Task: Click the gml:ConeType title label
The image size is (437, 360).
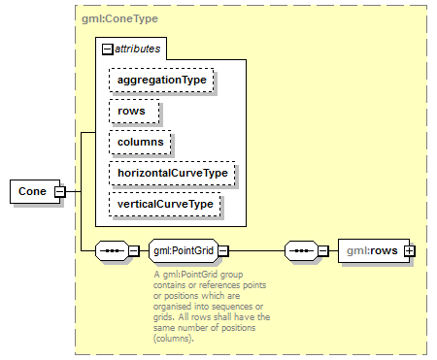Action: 120,17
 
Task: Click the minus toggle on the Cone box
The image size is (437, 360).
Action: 59,191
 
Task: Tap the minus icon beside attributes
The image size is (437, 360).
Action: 107,47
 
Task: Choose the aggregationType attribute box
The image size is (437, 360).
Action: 161,80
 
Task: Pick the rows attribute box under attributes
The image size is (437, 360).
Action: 132,111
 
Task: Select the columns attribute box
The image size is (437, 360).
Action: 141,142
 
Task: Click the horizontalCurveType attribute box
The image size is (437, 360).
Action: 173,173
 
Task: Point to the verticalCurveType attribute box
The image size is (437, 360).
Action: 165,205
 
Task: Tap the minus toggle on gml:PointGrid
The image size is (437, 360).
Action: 222,251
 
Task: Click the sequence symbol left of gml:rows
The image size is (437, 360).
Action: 303,251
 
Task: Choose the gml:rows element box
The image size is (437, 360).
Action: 369,251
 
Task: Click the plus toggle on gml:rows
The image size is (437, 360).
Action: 409,251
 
